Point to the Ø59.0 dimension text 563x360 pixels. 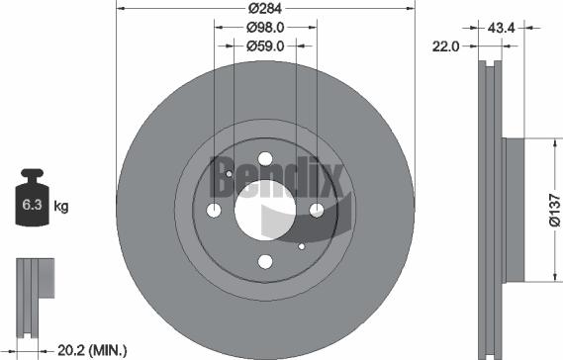(265, 45)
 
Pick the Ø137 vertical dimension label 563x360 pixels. (555, 209)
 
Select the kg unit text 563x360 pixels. (60, 207)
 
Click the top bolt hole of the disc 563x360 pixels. (265, 158)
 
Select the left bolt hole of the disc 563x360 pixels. (215, 210)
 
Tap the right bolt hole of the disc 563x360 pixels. (317, 210)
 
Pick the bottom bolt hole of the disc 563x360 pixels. (265, 261)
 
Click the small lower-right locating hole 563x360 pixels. (301, 244)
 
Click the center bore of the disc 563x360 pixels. (265, 210)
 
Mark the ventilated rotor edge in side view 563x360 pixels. (488, 209)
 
